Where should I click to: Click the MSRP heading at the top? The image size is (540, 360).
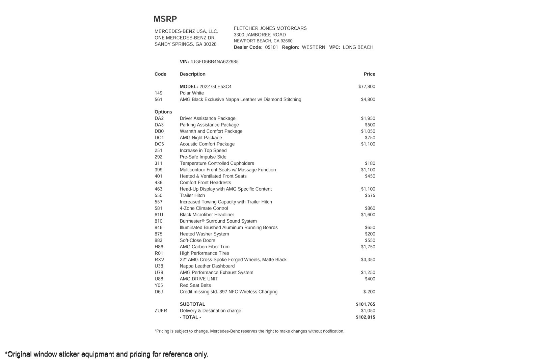pyautogui.click(x=165, y=19)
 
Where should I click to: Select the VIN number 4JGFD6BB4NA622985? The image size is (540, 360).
pyautogui.click(x=214, y=62)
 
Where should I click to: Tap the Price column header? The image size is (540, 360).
pyautogui.click(x=369, y=74)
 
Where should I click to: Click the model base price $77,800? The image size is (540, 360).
pyautogui.click(x=367, y=87)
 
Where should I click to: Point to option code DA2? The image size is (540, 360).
pyautogui.click(x=159, y=118)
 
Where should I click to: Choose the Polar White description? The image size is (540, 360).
pyautogui.click(x=192, y=93)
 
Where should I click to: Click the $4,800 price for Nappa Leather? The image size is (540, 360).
pyautogui.click(x=368, y=100)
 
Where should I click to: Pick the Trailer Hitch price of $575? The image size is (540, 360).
pyautogui.click(x=370, y=195)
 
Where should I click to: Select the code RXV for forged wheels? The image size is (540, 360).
pyautogui.click(x=159, y=260)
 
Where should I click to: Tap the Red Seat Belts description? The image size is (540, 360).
pyautogui.click(x=195, y=285)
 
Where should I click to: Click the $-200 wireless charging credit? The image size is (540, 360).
pyautogui.click(x=369, y=292)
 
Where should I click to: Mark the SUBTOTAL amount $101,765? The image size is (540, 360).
pyautogui.click(x=365, y=304)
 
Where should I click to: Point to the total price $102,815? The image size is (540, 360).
pyautogui.click(x=365, y=317)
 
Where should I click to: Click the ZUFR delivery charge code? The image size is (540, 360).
pyautogui.click(x=161, y=311)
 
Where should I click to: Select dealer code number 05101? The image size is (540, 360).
pyautogui.click(x=271, y=47)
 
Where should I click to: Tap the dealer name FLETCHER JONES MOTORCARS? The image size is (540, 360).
pyautogui.click(x=270, y=28)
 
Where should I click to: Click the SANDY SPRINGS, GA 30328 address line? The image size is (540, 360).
pyautogui.click(x=185, y=44)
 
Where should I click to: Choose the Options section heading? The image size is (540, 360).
pyautogui.click(x=163, y=112)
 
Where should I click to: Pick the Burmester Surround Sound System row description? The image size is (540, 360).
pyautogui.click(x=218, y=221)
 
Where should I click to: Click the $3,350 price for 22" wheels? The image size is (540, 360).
pyautogui.click(x=368, y=260)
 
